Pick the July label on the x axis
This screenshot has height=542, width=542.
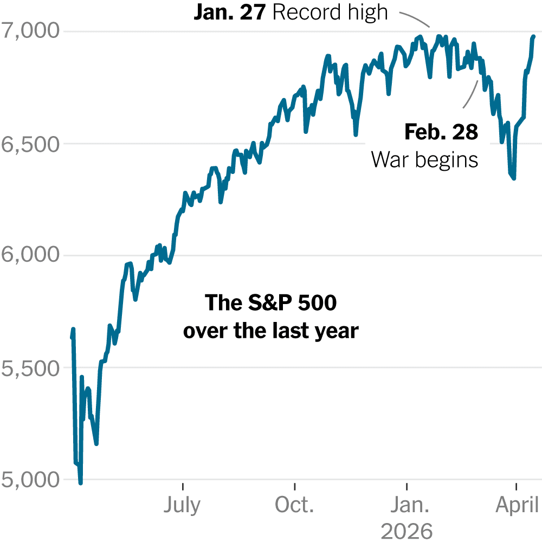coord(182,505)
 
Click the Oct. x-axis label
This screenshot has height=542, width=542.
coord(294,505)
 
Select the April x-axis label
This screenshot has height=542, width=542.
coord(516,505)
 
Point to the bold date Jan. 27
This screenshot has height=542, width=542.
coord(229,12)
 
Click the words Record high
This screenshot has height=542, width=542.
coord(330,12)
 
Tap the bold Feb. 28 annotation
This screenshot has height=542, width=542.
coord(441,132)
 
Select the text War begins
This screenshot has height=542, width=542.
coord(425,159)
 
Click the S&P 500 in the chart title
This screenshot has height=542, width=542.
coord(270,304)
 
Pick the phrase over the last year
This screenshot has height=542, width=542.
coord(270,330)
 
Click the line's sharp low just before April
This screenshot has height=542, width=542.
coord(513,178)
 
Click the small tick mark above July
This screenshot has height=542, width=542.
coord(183,484)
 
